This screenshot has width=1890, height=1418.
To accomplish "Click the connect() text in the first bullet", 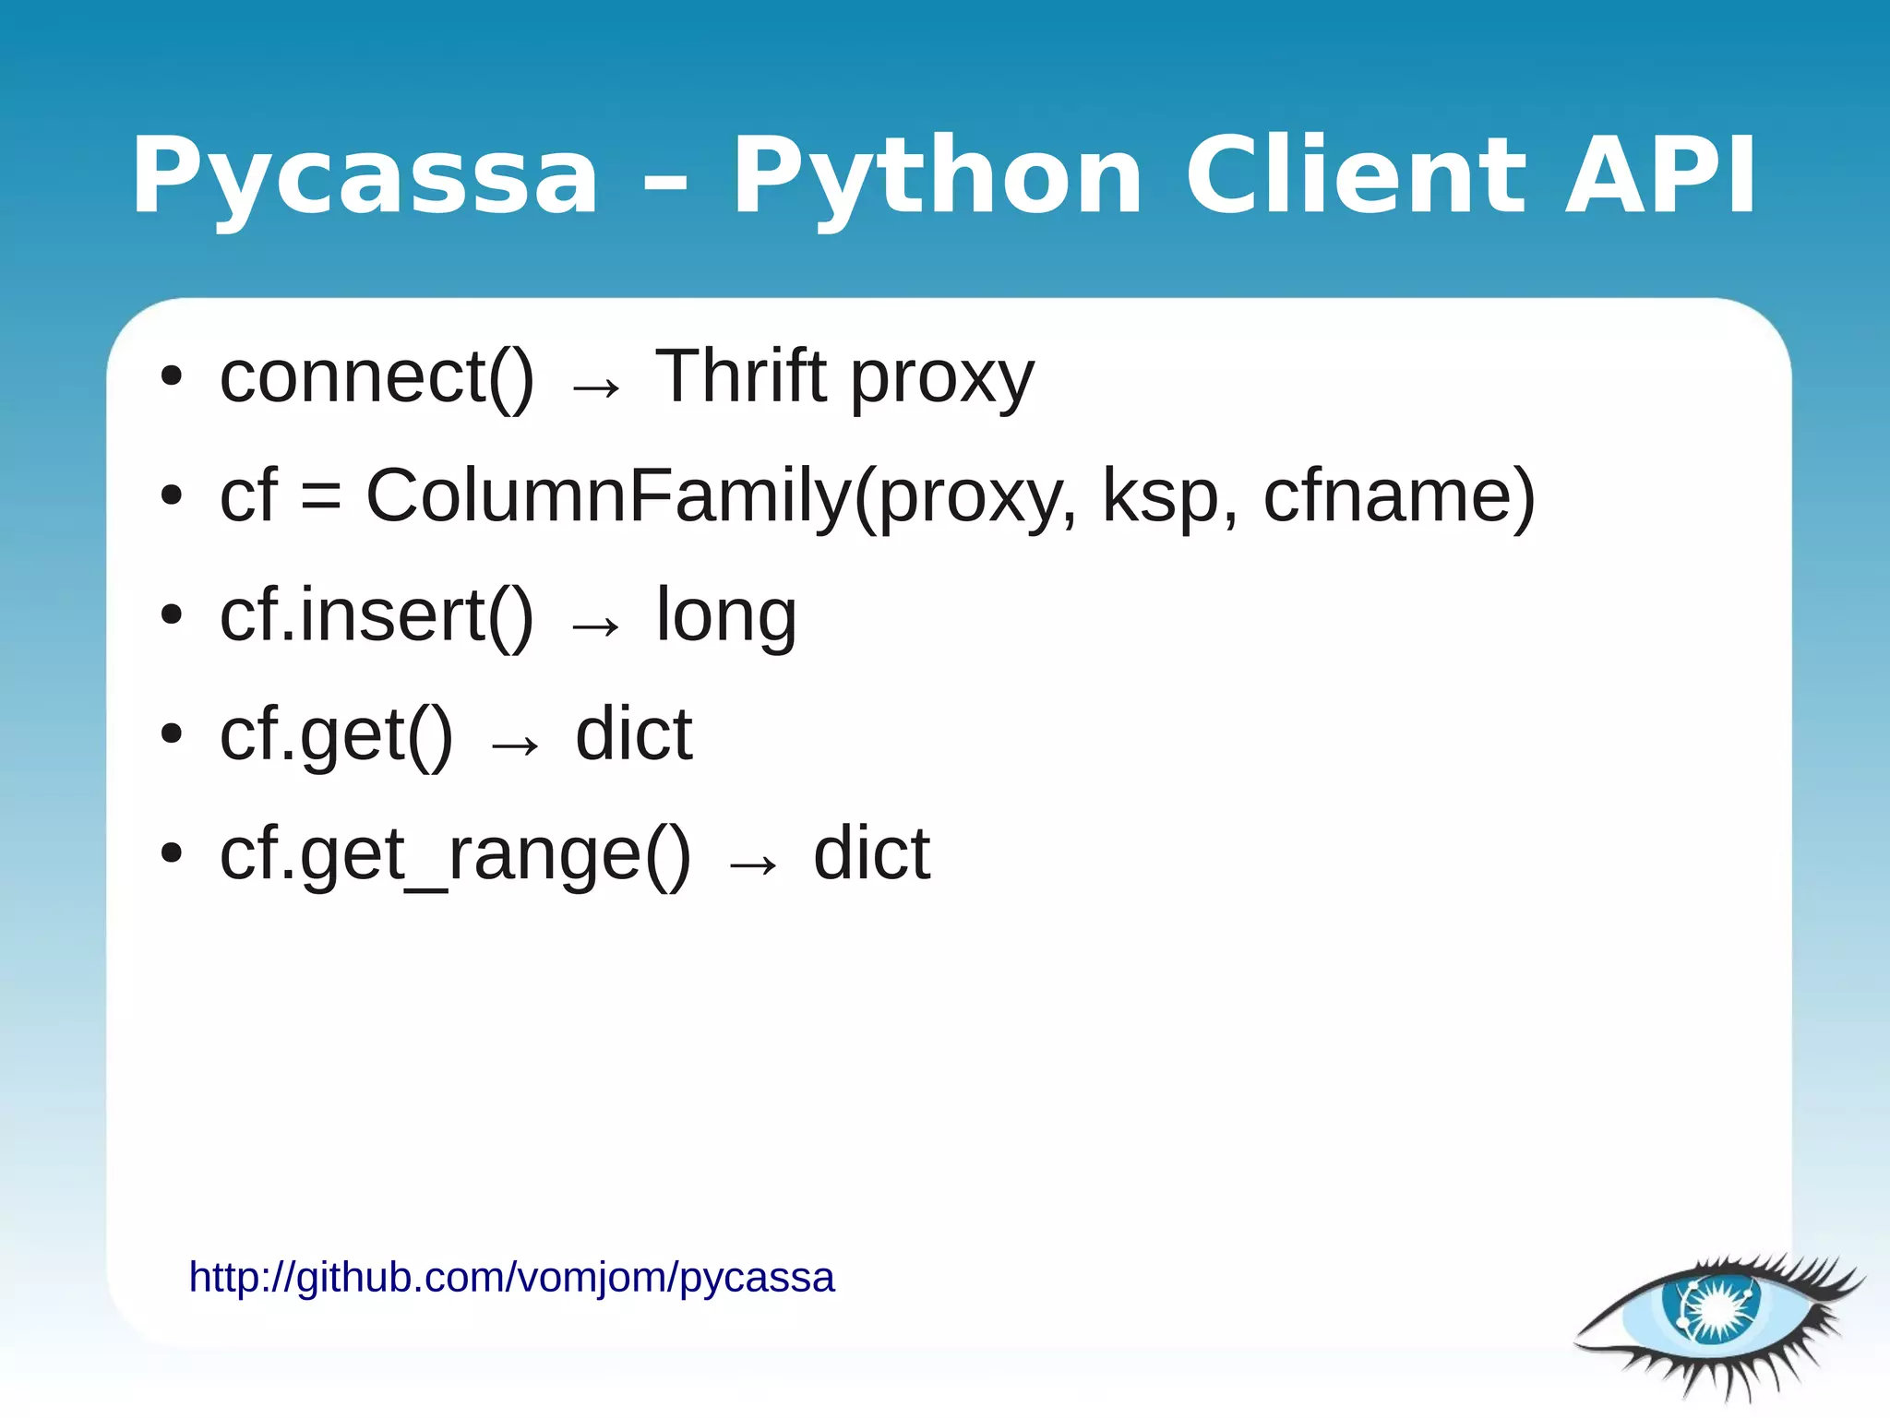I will tap(377, 378).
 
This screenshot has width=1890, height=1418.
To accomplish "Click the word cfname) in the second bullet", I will tap(1399, 496).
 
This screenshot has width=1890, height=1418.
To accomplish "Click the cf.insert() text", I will tap(377, 616).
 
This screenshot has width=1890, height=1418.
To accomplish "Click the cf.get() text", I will tap(336, 736).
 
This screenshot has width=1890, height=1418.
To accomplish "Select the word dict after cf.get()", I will tap(633, 734).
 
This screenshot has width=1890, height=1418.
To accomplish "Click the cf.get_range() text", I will tap(455, 855).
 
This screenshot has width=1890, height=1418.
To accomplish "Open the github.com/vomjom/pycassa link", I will tap(511, 1278).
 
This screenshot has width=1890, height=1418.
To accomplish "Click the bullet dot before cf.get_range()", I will tap(172, 853).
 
